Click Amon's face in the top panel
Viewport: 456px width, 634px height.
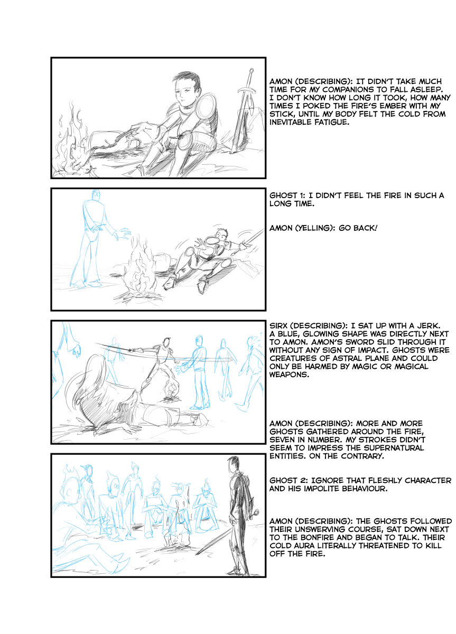pyautogui.click(x=185, y=95)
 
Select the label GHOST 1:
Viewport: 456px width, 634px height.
pyautogui.click(x=287, y=195)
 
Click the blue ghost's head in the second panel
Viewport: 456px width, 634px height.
pyautogui.click(x=96, y=194)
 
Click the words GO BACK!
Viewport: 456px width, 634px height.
pyautogui.click(x=358, y=228)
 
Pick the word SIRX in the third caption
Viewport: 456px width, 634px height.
pyautogui.click(x=279, y=325)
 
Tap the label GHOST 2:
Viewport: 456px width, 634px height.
pyautogui.click(x=288, y=480)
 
